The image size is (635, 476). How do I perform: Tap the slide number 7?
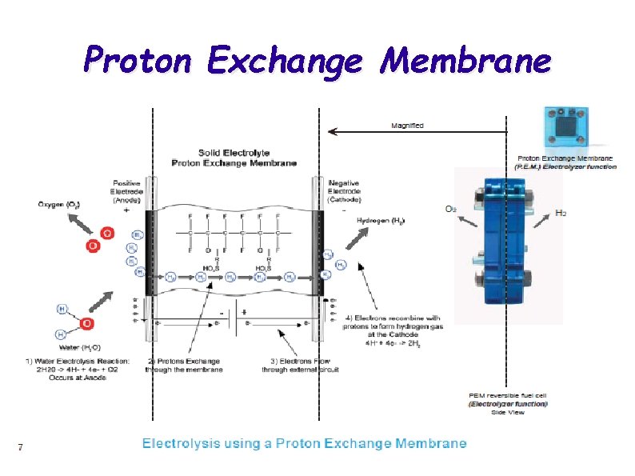(19, 446)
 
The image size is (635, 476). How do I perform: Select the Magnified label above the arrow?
(407, 126)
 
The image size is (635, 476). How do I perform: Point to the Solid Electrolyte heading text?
(234, 153)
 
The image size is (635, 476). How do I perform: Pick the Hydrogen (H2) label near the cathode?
(381, 220)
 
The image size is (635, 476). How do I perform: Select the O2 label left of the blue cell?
(451, 209)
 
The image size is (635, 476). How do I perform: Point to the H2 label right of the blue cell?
(562, 214)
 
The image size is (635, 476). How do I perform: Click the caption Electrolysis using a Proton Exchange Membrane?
(304, 442)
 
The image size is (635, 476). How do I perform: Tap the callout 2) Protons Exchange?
(183, 364)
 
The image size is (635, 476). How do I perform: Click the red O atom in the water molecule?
(87, 323)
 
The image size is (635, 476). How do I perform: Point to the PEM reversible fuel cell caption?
(508, 397)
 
